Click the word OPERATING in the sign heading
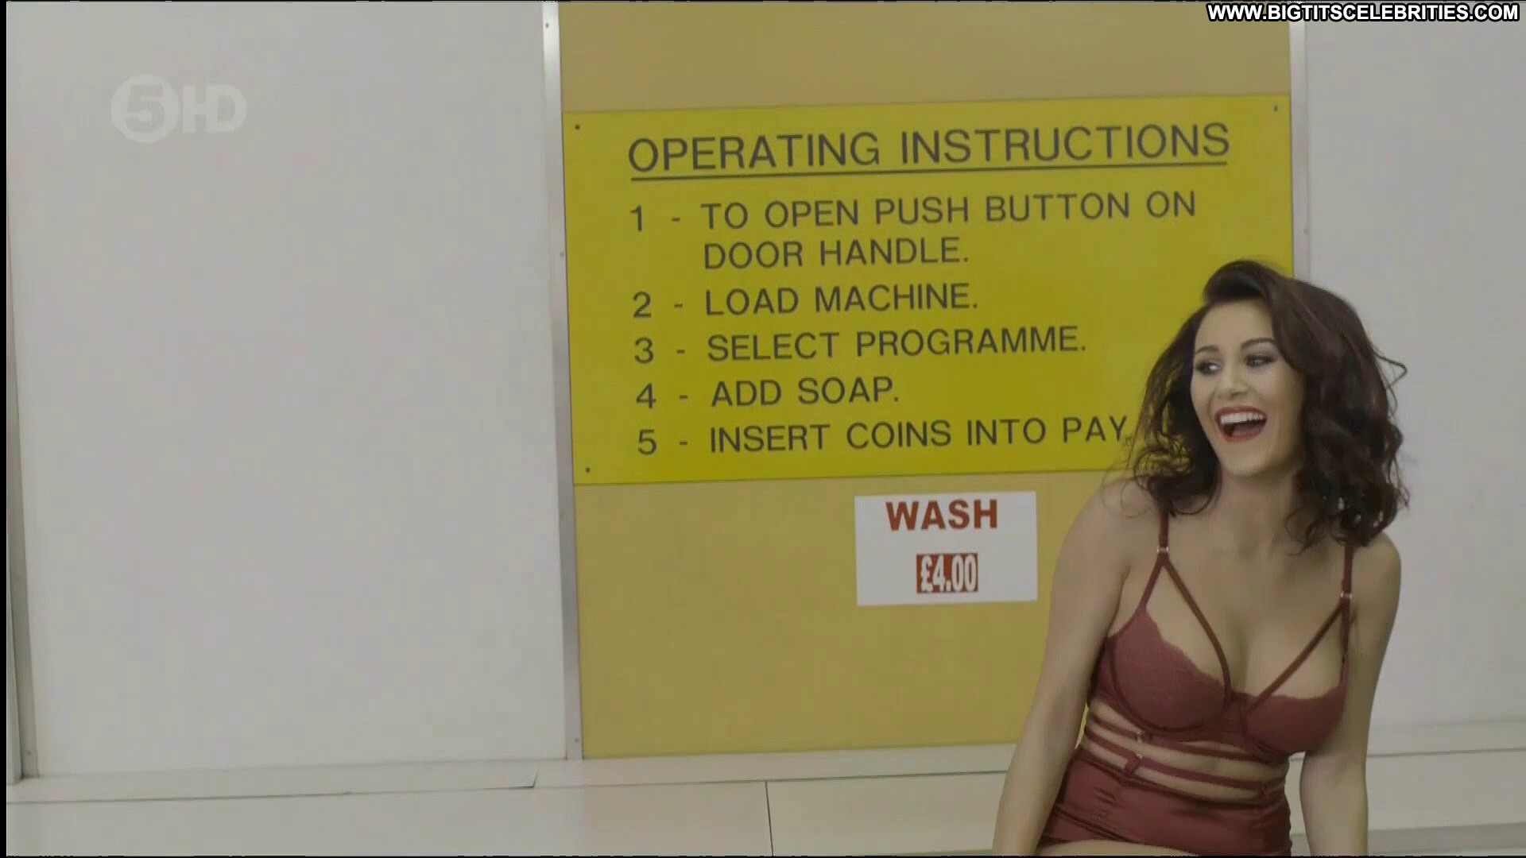tap(754, 151)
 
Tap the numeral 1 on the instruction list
tap(637, 218)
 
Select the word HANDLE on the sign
tap(893, 253)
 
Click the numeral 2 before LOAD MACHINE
tap(641, 304)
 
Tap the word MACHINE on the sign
tap(896, 299)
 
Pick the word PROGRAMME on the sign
tap(970, 343)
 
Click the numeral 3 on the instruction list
tap(644, 350)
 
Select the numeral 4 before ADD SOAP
tap(646, 395)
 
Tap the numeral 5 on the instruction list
tap(647, 442)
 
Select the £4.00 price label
tap(947, 573)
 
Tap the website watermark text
tap(1362, 12)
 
